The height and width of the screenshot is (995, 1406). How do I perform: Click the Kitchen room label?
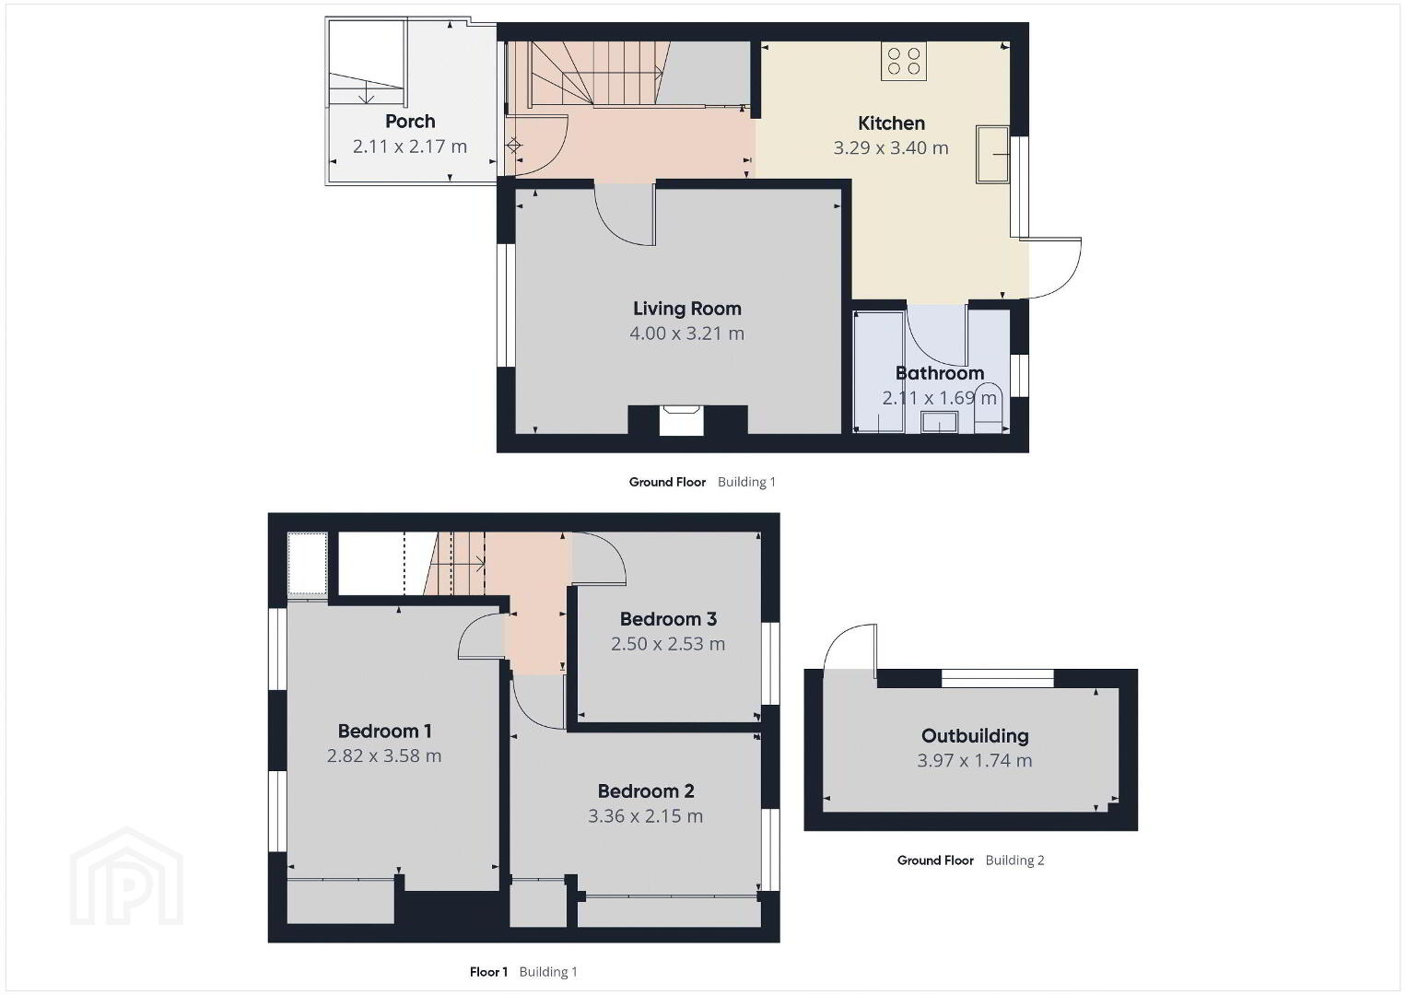tap(891, 123)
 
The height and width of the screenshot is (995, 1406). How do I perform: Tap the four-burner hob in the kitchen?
tap(904, 61)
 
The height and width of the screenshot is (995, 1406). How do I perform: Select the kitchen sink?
tap(992, 155)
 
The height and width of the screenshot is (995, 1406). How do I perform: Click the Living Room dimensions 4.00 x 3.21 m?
tap(686, 333)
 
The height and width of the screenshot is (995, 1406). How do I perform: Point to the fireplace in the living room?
tap(681, 420)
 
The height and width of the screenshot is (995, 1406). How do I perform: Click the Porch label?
tap(410, 122)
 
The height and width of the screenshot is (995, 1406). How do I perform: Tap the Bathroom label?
tap(939, 373)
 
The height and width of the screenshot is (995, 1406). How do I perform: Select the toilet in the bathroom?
tap(990, 408)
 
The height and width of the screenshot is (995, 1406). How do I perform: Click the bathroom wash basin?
tap(939, 422)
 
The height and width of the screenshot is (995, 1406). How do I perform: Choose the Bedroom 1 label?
tap(384, 731)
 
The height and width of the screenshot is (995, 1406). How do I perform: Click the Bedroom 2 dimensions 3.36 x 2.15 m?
tap(645, 815)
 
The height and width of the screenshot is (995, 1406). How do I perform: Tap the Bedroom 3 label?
tap(668, 619)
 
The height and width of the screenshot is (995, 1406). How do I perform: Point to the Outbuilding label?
tap(975, 736)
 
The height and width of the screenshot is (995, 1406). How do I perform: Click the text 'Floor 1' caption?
tap(488, 972)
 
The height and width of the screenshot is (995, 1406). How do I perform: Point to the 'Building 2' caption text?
tap(1014, 860)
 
